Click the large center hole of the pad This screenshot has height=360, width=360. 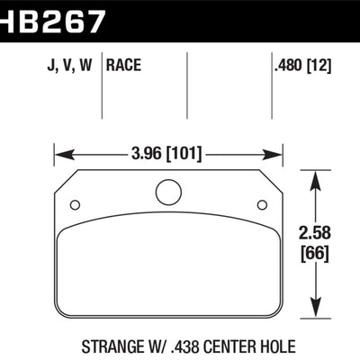tap(168, 193)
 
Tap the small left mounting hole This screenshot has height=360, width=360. tap(76, 204)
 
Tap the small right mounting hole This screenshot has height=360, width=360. tap(262, 204)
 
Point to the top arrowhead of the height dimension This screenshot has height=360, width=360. tap(314, 177)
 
